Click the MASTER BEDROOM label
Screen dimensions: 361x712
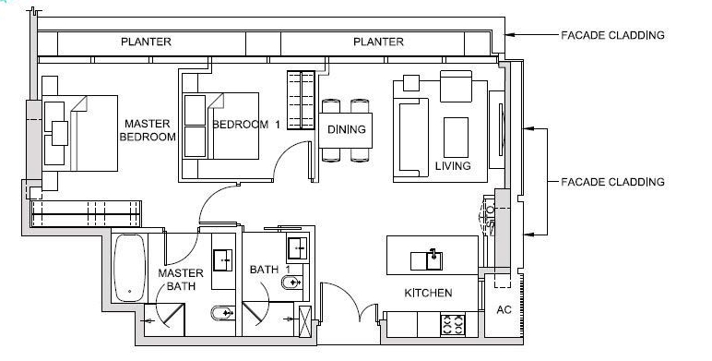click(x=149, y=130)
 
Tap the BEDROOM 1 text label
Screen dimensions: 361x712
click(x=246, y=125)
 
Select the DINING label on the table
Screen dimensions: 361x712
click(x=346, y=130)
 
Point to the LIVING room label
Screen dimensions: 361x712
click(x=453, y=166)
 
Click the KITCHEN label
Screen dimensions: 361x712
click(x=429, y=294)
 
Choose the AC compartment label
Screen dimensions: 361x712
click(x=504, y=310)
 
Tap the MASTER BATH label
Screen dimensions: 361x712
click(x=180, y=281)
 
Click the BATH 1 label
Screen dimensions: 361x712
click(x=277, y=270)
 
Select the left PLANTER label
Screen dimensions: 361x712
click(x=147, y=42)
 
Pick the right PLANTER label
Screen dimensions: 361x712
click(x=378, y=42)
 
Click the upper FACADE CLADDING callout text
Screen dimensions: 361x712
click(x=612, y=36)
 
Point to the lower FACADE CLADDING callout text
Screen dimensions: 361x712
click(x=612, y=183)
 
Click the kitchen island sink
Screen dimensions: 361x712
click(x=431, y=258)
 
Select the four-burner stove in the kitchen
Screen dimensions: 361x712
click(x=454, y=324)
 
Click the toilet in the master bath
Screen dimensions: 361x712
click(x=223, y=315)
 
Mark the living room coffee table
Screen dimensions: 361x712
click(x=456, y=137)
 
